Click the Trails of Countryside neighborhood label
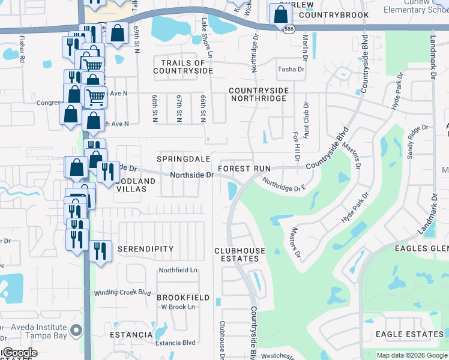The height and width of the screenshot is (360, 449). [x=183, y=67]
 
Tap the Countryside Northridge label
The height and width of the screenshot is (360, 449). [x=259, y=94]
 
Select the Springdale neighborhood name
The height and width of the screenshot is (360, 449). [x=183, y=159]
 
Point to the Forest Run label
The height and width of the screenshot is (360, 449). [x=244, y=169]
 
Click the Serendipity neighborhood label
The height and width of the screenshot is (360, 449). [x=145, y=249]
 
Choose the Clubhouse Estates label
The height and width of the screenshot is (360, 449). [x=237, y=254]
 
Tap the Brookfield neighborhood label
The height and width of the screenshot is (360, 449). [x=183, y=298]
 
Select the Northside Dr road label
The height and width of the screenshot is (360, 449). [x=191, y=175]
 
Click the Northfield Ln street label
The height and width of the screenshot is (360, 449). [x=177, y=271]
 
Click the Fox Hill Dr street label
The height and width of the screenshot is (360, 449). [x=295, y=147]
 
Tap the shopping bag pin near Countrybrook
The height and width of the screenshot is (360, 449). [x=280, y=15]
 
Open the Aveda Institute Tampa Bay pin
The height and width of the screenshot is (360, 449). [x=76, y=330]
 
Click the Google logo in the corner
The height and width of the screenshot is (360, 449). [x=19, y=353]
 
